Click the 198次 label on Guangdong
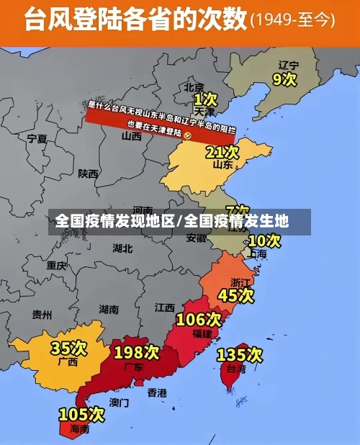[136, 352]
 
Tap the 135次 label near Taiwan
[240, 354]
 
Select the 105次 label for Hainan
[81, 415]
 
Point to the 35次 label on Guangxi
[68, 349]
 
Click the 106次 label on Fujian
[199, 319]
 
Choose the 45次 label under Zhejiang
[236, 295]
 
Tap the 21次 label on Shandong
[222, 152]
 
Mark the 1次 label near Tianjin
[205, 98]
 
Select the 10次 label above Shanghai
[264, 241]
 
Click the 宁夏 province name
[37, 138]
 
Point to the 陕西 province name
[89, 174]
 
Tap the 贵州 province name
[42, 315]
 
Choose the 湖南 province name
[109, 310]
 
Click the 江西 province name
[165, 307]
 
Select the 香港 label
[157, 392]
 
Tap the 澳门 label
[119, 402]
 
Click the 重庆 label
[56, 265]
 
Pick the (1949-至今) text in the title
[292, 20]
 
